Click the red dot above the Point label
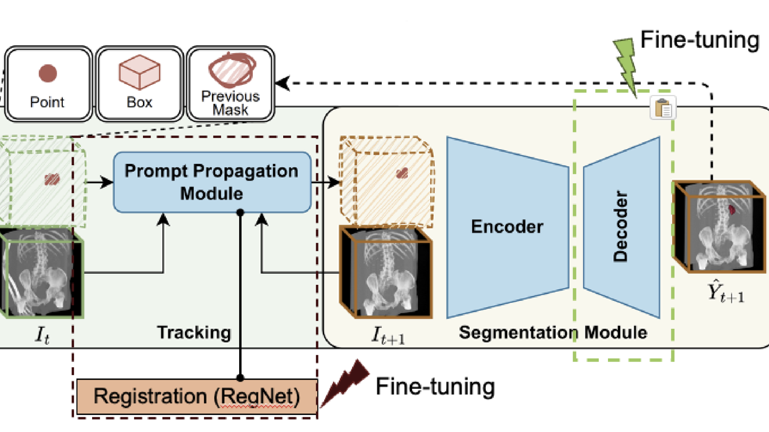pyautogui.click(x=48, y=73)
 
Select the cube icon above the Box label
pyautogui.click(x=139, y=72)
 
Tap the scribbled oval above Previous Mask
pyautogui.click(x=232, y=70)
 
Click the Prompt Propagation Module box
pyautogui.click(x=212, y=182)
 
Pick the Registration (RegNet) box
pyautogui.click(x=197, y=396)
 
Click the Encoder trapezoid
pyautogui.click(x=507, y=227)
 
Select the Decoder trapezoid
pyautogui.click(x=621, y=227)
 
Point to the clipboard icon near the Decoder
pyautogui.click(x=663, y=108)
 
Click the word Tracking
pyautogui.click(x=194, y=332)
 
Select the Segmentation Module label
pyautogui.click(x=553, y=332)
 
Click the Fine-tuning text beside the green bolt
pyautogui.click(x=700, y=40)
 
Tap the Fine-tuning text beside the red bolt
pyautogui.click(x=435, y=387)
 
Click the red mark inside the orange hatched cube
pyautogui.click(x=402, y=173)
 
